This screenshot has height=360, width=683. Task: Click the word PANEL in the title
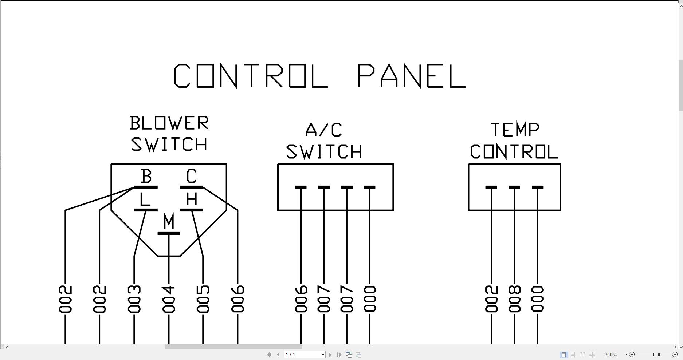412,76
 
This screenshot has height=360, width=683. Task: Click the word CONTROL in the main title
251,76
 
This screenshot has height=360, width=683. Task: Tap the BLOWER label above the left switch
169,123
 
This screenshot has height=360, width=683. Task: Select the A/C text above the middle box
323,130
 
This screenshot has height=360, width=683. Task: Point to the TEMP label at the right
515,130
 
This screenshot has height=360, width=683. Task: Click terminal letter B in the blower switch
146,177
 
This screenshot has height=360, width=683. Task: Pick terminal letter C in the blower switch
192,177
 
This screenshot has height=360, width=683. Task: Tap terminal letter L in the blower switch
145,199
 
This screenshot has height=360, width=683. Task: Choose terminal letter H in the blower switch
192,199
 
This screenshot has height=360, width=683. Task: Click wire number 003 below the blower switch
134,299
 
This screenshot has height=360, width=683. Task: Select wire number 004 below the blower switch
169,299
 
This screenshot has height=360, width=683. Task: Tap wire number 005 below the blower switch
203,299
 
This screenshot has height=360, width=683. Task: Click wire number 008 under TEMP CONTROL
515,299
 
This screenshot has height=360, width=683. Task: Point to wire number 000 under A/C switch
370,299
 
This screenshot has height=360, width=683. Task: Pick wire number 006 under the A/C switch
301,299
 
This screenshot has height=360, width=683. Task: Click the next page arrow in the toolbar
330,355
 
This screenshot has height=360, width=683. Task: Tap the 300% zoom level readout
611,355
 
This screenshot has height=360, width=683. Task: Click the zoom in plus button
675,355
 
